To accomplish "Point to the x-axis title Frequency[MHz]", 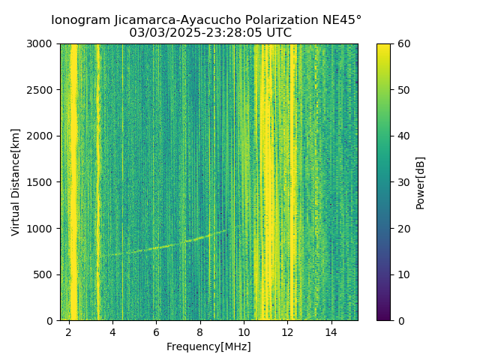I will pos(208,346).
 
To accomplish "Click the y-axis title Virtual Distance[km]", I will pos(16,182).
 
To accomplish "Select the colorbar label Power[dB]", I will pos(421,182).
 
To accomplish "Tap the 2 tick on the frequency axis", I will pos(68,332).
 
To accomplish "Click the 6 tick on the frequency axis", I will pos(156,332).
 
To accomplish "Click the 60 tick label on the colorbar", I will pos(402,44).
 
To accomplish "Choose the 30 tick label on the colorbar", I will pos(402,182).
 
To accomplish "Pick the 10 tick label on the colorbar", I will pos(402,274).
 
